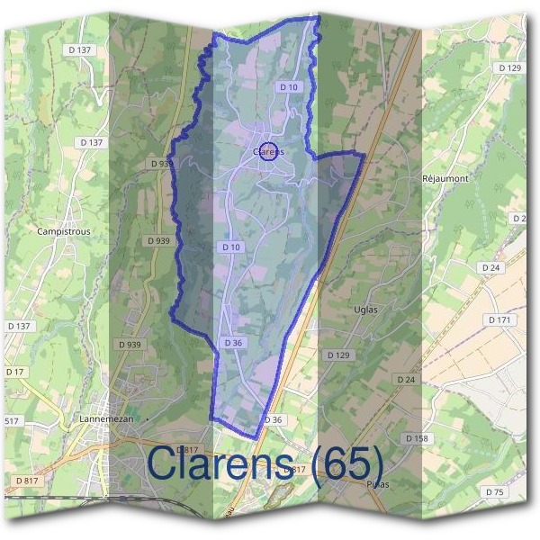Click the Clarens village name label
[x=269, y=152]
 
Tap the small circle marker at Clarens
[x=269, y=149]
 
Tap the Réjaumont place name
[x=445, y=178]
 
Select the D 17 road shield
[x=15, y=372]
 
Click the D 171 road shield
[x=499, y=320]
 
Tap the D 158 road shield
[x=416, y=438]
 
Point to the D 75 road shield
[x=494, y=491]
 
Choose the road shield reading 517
[x=12, y=420]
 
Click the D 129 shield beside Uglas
[x=337, y=355]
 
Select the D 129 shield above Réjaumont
[x=509, y=67]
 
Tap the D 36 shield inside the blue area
[x=232, y=343]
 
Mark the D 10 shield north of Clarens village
[x=288, y=86]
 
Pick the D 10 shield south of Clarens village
[x=230, y=247]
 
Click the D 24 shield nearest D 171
[x=490, y=268]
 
